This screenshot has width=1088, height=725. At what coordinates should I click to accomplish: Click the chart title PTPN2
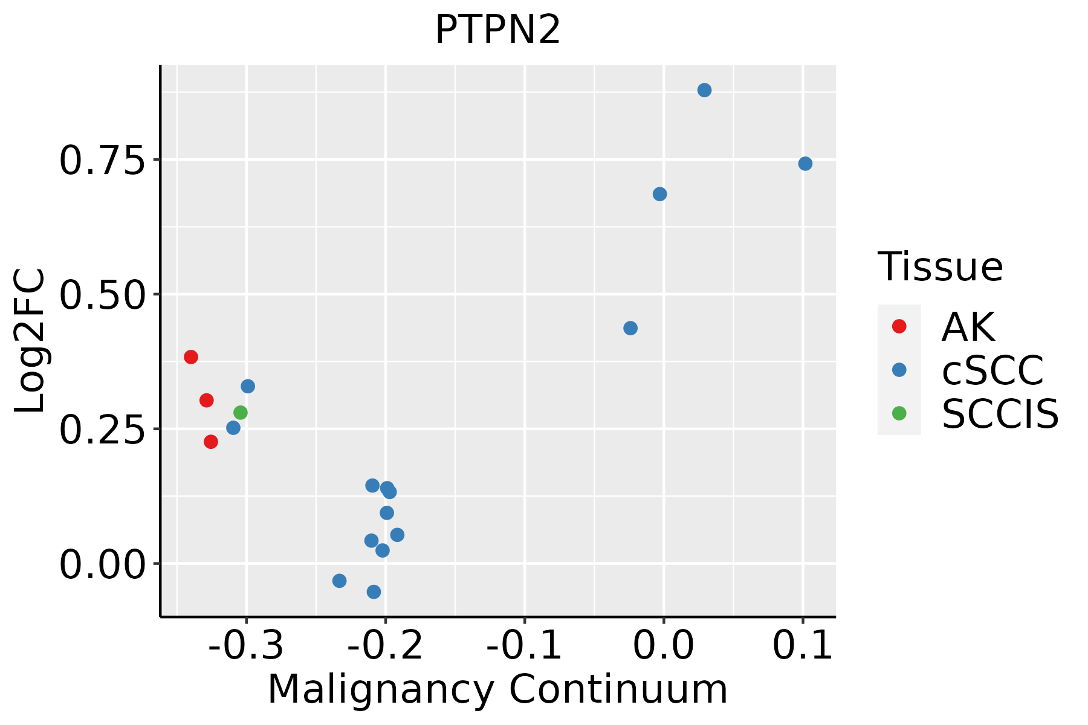[497, 30]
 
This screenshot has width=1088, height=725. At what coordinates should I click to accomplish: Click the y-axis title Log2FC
[30, 341]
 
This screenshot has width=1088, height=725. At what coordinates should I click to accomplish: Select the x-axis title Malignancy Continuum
[497, 689]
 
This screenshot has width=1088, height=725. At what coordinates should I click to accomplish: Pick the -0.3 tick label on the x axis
[245, 645]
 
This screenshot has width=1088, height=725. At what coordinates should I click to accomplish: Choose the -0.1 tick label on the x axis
[524, 645]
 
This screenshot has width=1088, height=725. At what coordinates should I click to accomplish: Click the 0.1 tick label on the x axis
[803, 645]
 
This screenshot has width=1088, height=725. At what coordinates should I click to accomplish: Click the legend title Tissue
[940, 266]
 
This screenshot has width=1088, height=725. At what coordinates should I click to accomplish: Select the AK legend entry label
[968, 327]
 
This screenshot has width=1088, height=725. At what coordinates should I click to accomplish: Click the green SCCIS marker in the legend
[899, 413]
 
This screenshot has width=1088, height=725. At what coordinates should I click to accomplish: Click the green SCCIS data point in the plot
[241, 413]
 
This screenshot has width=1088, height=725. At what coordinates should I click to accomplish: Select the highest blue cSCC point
[704, 90]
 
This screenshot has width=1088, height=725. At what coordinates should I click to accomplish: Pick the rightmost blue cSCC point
[805, 164]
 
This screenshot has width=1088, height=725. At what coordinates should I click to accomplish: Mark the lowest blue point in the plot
[374, 591]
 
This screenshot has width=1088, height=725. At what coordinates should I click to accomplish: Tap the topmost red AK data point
[191, 357]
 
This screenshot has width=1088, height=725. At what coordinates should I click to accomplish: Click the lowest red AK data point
[211, 442]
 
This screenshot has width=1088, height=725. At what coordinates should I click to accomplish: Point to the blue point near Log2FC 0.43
[630, 328]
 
